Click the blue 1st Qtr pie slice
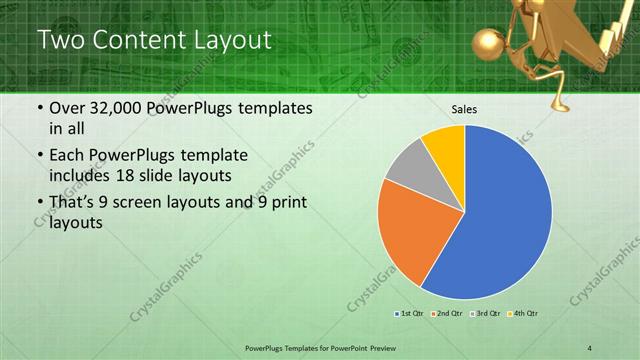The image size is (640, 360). [505, 220]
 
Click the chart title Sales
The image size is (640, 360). [464, 108]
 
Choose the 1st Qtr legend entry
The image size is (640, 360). [407, 314]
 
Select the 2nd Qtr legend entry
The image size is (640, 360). [446, 314]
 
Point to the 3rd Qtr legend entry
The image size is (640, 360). [484, 314]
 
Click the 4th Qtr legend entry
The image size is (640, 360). [523, 314]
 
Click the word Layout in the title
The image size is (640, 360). [228, 41]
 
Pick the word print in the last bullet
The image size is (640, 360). [284, 204]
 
